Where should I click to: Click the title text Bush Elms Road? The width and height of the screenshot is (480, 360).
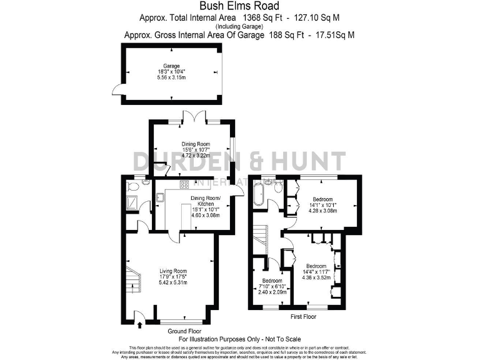coord(240,6)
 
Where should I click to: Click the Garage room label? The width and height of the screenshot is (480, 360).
coord(172,66)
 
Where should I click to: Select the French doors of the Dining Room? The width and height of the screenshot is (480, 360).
coord(191,116)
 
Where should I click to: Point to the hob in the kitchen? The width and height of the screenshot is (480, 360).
coord(185,184)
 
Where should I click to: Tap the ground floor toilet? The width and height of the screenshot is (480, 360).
coord(132,186)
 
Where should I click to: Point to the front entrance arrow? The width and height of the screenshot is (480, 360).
coord(139,323)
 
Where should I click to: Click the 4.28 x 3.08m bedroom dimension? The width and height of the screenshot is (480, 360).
coord(322,211)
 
